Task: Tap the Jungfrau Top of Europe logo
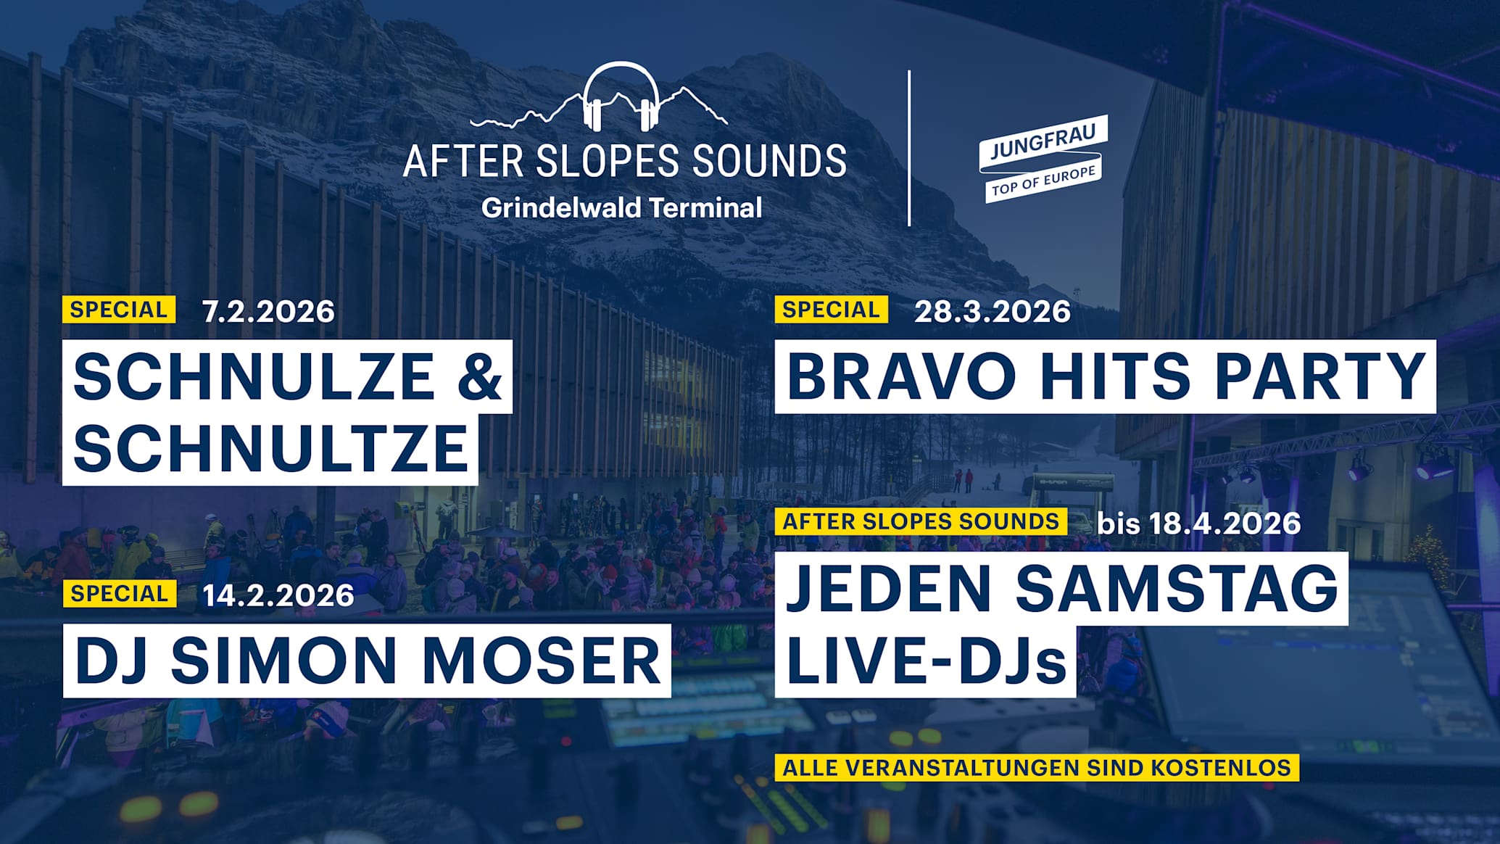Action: [1043, 158]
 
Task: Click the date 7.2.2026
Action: [268, 311]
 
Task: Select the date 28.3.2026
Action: [992, 311]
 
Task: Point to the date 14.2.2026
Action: [278, 595]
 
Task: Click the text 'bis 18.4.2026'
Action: [1198, 523]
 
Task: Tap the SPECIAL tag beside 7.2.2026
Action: [119, 310]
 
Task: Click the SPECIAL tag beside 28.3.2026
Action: [831, 310]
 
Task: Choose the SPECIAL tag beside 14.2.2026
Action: [120, 593]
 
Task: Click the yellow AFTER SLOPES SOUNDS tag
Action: [921, 521]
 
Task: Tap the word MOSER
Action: [541, 660]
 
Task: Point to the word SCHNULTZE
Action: [270, 447]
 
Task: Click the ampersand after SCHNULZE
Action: [479, 376]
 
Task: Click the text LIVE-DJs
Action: [926, 660]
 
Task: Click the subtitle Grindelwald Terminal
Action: [621, 208]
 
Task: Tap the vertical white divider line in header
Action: [909, 148]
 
